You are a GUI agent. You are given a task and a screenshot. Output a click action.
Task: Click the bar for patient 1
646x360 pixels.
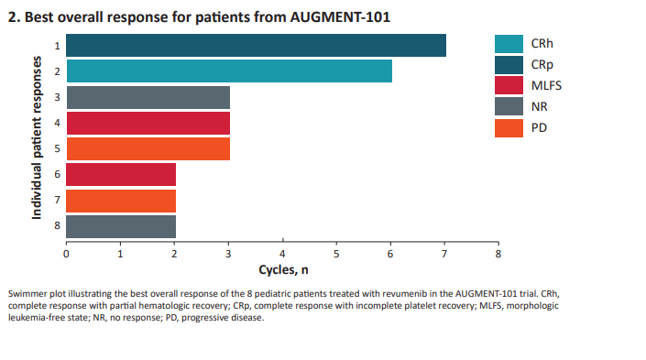click(256, 45)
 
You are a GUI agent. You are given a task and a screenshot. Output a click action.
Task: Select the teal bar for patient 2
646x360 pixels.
click(229, 71)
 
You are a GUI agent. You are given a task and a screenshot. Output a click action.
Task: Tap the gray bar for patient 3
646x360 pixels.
click(148, 97)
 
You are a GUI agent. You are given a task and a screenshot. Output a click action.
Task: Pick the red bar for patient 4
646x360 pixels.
click(148, 123)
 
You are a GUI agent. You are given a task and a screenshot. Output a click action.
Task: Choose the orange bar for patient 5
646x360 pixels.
click(148, 148)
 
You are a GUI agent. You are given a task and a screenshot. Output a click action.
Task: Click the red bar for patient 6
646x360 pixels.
click(121, 174)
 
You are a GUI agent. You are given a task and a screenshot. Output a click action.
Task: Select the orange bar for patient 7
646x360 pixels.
click(121, 201)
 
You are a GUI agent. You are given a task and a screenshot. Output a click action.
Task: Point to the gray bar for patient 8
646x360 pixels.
click(121, 226)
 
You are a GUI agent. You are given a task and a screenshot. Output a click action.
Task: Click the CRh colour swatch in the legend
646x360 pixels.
click(509, 44)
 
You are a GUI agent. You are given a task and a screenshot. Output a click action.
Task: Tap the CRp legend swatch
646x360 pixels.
click(509, 65)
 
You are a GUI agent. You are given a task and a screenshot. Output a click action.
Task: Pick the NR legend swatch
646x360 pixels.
click(509, 107)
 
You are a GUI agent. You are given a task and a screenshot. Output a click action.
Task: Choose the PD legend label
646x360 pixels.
click(539, 128)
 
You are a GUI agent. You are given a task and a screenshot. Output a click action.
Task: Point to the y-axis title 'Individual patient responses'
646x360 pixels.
click(38, 136)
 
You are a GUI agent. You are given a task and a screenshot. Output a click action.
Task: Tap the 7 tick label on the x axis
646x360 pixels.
click(444, 254)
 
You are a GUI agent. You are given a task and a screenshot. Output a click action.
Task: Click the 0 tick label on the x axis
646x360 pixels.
click(66, 254)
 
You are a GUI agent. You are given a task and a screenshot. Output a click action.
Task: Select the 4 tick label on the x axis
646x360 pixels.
click(282, 254)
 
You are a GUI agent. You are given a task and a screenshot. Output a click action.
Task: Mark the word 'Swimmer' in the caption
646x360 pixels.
click(25, 293)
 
